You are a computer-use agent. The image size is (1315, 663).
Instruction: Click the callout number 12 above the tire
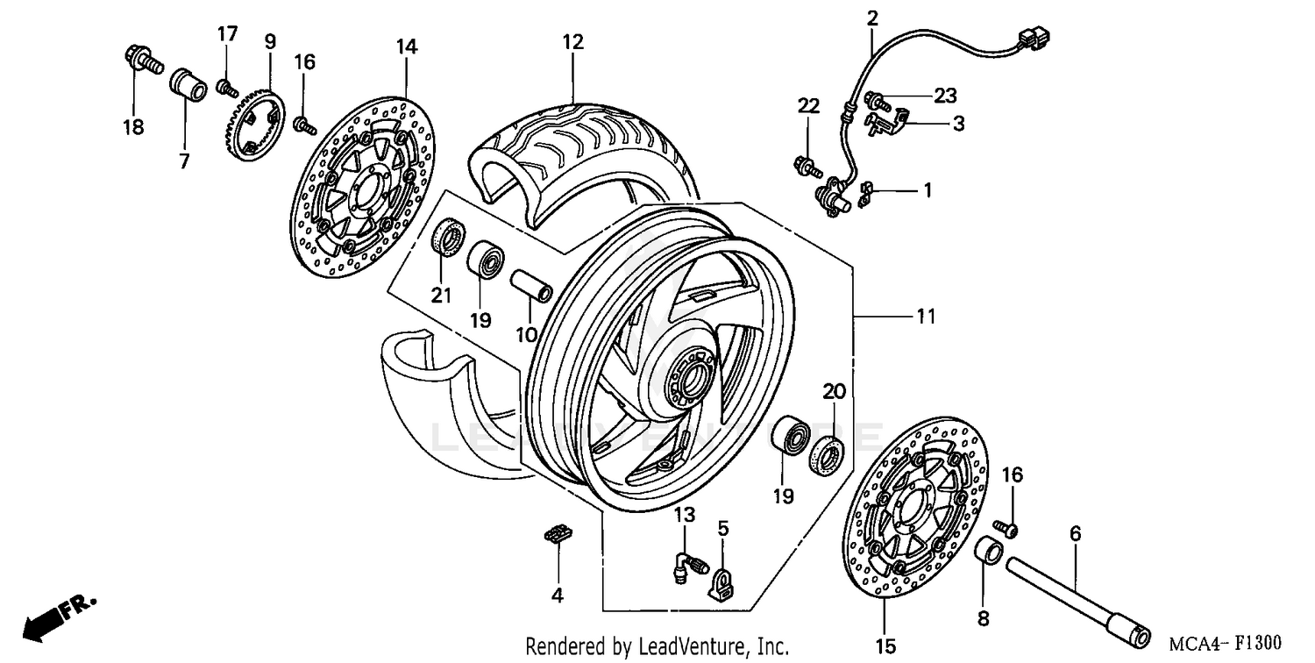tap(572, 41)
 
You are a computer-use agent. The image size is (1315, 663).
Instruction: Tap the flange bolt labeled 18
tap(141, 61)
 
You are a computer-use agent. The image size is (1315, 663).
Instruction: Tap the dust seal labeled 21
tap(451, 238)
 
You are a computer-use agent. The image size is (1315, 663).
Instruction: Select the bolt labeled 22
tap(805, 163)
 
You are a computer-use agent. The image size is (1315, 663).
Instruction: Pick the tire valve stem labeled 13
tap(688, 563)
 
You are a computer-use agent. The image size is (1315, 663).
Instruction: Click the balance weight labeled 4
tap(557, 534)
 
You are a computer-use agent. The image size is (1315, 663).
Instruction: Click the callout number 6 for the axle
tap(1075, 533)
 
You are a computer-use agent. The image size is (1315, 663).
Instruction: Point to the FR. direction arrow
tap(58, 615)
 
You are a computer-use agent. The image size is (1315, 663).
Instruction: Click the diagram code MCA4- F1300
tap(1225, 643)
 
